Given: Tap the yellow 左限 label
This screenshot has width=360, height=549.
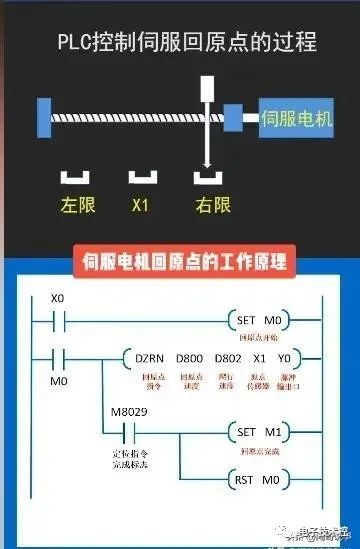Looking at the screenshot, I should point(76,206).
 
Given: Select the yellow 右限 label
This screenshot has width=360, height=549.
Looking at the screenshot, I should point(213,206).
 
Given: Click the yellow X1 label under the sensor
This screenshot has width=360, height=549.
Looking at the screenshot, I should point(142,206).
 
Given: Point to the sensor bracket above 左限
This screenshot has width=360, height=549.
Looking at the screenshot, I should point(76,178).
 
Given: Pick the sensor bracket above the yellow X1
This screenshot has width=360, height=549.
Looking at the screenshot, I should point(142,178).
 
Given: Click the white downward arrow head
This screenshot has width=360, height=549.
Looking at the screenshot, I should point(208,162).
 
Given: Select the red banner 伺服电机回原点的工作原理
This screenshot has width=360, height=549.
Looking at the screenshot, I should point(180,263).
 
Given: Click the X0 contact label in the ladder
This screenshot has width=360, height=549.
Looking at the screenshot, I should point(58,299).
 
